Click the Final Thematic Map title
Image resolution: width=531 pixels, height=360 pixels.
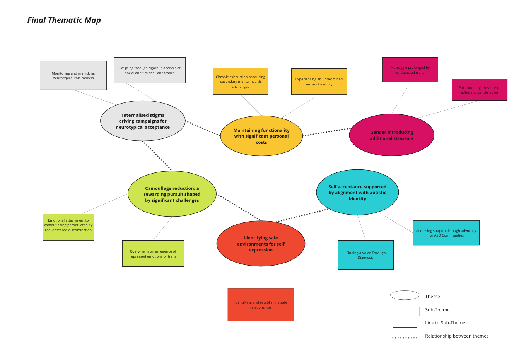pos(64,20)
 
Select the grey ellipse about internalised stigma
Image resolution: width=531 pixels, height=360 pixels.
pos(143,121)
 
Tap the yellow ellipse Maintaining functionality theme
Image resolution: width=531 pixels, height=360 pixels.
pos(261,136)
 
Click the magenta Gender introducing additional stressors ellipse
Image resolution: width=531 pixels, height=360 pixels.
pos(391,135)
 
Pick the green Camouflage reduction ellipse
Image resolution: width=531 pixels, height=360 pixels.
pos(172,194)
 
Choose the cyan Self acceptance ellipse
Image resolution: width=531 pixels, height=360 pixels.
pos(357,193)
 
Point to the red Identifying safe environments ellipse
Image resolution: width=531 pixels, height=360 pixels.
pos(261,244)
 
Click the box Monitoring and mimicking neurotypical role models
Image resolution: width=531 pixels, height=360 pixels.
pos(73,75)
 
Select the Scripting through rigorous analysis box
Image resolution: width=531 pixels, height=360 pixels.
pos(150,70)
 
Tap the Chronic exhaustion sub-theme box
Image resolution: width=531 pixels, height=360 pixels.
pos(241,82)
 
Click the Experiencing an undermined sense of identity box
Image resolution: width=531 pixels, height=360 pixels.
pos(319,82)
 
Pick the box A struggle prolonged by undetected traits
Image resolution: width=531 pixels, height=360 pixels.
pos(410,70)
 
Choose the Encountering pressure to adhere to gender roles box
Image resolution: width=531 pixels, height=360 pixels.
pos(479,90)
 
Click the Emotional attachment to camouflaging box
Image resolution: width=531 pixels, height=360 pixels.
pos(68,227)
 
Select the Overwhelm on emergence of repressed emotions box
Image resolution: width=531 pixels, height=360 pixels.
pos(153,254)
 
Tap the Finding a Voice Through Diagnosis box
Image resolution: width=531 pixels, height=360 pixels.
pos(365,255)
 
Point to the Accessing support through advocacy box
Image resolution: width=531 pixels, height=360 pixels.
pos(446,233)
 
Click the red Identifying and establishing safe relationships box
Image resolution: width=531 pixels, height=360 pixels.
pos(261,305)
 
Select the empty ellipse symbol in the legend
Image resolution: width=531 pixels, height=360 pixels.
pos(405,295)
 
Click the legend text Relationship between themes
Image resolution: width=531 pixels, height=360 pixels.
pos(456,336)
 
